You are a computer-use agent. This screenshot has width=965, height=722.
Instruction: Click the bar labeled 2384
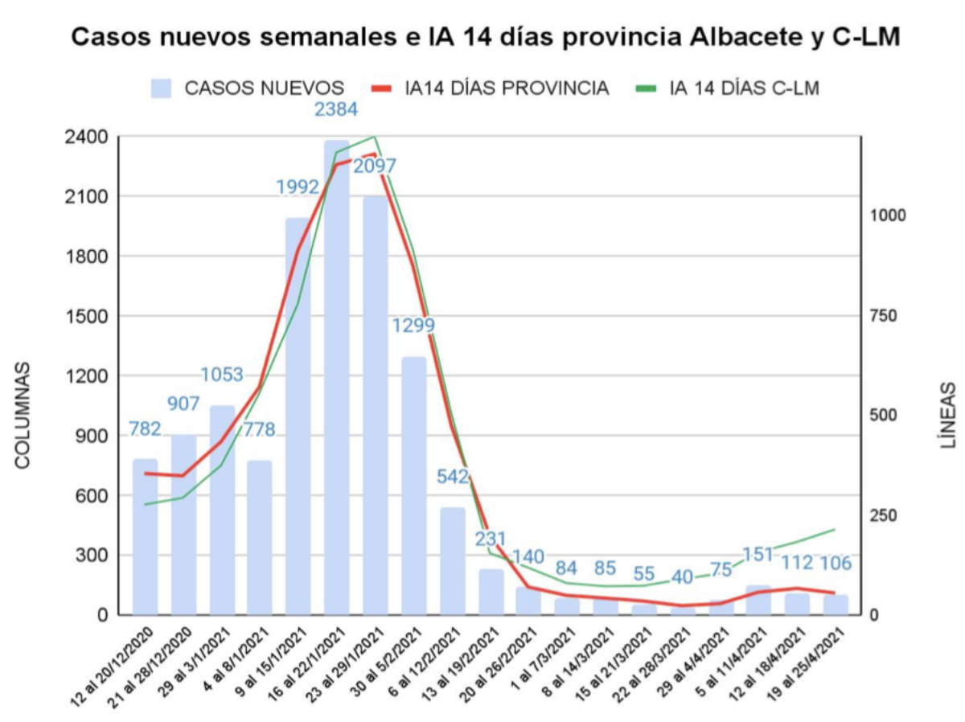(337, 378)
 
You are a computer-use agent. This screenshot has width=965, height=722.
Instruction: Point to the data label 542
(453, 476)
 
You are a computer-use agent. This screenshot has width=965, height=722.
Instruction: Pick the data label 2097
(375, 166)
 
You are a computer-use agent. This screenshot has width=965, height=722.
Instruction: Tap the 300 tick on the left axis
(91, 556)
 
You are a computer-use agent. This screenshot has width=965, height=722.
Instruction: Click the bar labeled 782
(145, 537)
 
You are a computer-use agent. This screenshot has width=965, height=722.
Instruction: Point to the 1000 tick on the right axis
(885, 215)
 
